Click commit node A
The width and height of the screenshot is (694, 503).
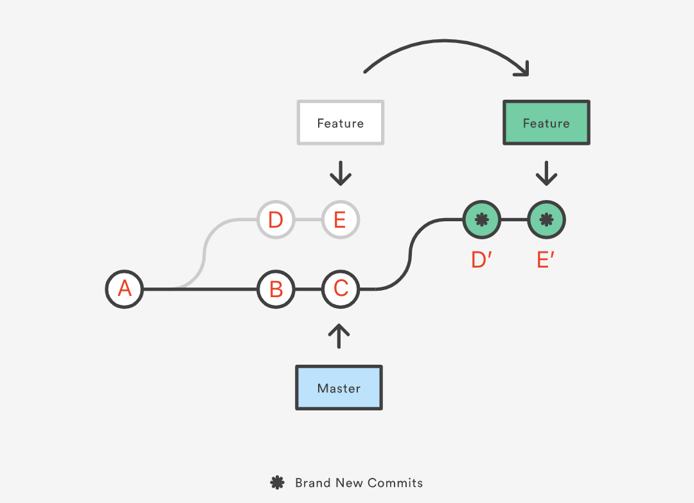click(x=125, y=289)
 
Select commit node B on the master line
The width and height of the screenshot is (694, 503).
click(x=276, y=289)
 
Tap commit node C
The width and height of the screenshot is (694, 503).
click(x=341, y=289)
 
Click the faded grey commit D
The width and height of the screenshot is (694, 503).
click(x=276, y=220)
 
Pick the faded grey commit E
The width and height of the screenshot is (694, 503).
click(x=341, y=220)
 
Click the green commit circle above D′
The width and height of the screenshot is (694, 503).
click(x=481, y=220)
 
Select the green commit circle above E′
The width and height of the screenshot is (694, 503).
click(x=546, y=220)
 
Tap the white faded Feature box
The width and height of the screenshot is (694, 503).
click(x=340, y=122)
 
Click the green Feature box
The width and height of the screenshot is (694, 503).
click(x=546, y=122)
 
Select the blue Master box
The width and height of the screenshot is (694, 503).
click(x=339, y=388)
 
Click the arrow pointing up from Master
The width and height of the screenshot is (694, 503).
click(x=339, y=336)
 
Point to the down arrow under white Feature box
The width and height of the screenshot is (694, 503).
click(x=341, y=173)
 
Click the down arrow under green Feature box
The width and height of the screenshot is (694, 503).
click(x=546, y=173)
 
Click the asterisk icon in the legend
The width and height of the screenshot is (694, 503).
click(x=277, y=483)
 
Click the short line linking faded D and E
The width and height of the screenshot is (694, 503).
click(x=308, y=220)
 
